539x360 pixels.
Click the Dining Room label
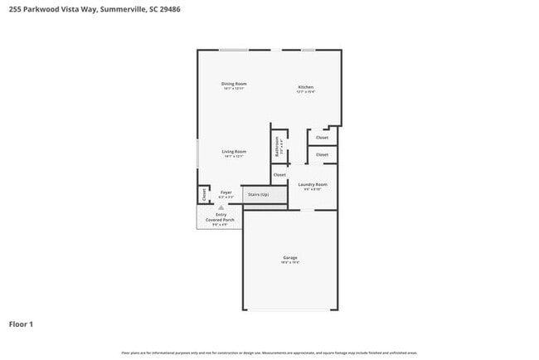[234, 84]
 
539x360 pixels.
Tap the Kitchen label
[306, 88]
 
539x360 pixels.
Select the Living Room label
[234, 152]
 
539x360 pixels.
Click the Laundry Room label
[313, 184]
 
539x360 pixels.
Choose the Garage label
[289, 258]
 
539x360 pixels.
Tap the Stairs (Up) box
[258, 195]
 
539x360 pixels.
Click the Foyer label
[226, 192]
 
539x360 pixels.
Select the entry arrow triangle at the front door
[221, 208]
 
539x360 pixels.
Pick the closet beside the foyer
[203, 194]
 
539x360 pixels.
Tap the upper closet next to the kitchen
[322, 138]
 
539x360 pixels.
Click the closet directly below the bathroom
[279, 175]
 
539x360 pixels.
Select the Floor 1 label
[21, 324]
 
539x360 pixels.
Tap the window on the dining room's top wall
[234, 50]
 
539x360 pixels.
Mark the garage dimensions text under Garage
[289, 263]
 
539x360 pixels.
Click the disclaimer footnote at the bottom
[269, 353]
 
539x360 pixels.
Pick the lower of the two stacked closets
[322, 155]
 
